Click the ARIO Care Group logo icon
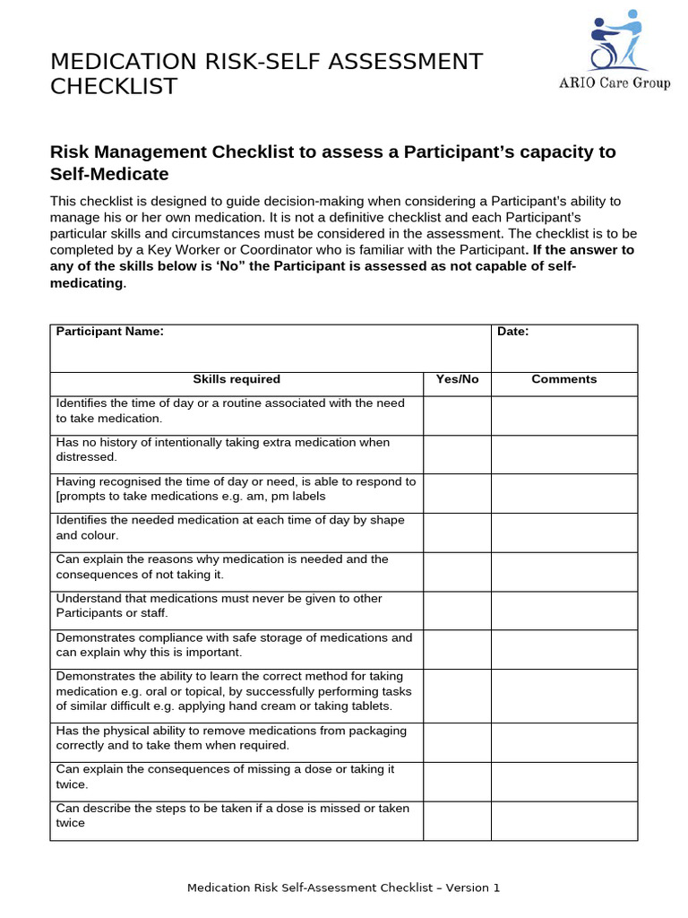616,40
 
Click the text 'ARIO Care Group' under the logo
615,84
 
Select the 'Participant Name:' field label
110,332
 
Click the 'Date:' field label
513,332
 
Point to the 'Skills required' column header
236,379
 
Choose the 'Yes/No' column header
457,379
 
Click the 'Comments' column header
563,379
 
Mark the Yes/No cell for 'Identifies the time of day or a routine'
457,415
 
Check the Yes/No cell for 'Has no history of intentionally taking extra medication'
457,454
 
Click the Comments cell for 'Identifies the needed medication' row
563,532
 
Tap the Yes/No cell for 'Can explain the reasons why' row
457,571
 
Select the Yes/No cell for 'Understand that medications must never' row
457,610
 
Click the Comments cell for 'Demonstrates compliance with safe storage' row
563,649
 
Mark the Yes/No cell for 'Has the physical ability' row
457,741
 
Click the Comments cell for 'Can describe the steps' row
563,819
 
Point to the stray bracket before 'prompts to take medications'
58,497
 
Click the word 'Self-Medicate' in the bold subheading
109,174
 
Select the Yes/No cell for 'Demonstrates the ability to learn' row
457,695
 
